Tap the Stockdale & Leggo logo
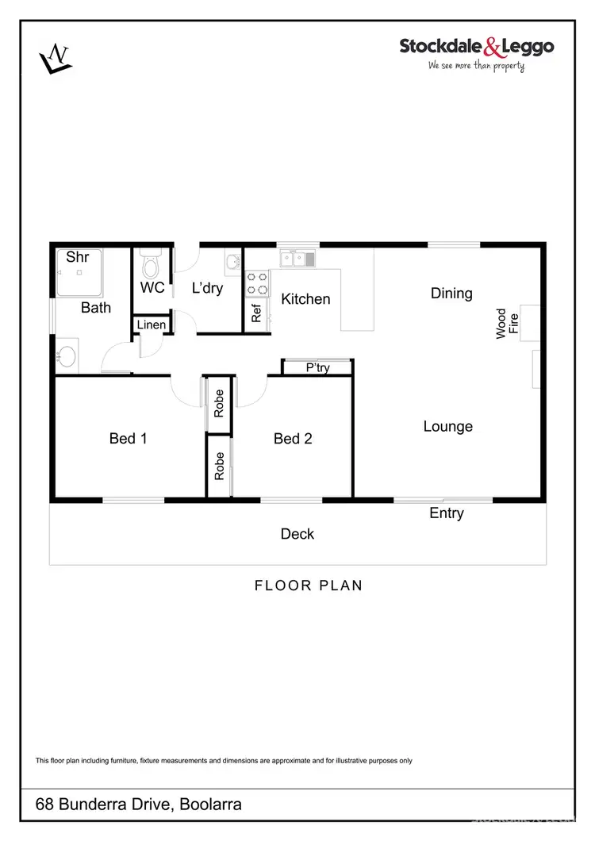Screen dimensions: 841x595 476,53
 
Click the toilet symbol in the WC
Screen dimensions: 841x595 150,261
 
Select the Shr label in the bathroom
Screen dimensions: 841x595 77,257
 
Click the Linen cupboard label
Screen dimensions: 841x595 152,325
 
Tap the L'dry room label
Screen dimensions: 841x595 207,289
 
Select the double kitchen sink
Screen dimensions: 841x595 297,258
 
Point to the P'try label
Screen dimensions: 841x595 317,367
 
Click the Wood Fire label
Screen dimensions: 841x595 507,324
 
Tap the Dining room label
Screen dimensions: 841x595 451,294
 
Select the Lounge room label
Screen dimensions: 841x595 447,427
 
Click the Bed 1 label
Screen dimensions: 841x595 128,438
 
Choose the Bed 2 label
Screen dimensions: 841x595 293,438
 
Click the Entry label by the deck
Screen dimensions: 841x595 446,513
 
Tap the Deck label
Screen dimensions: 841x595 297,534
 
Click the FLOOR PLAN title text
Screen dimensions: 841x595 308,586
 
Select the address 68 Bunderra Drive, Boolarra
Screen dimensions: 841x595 139,805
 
